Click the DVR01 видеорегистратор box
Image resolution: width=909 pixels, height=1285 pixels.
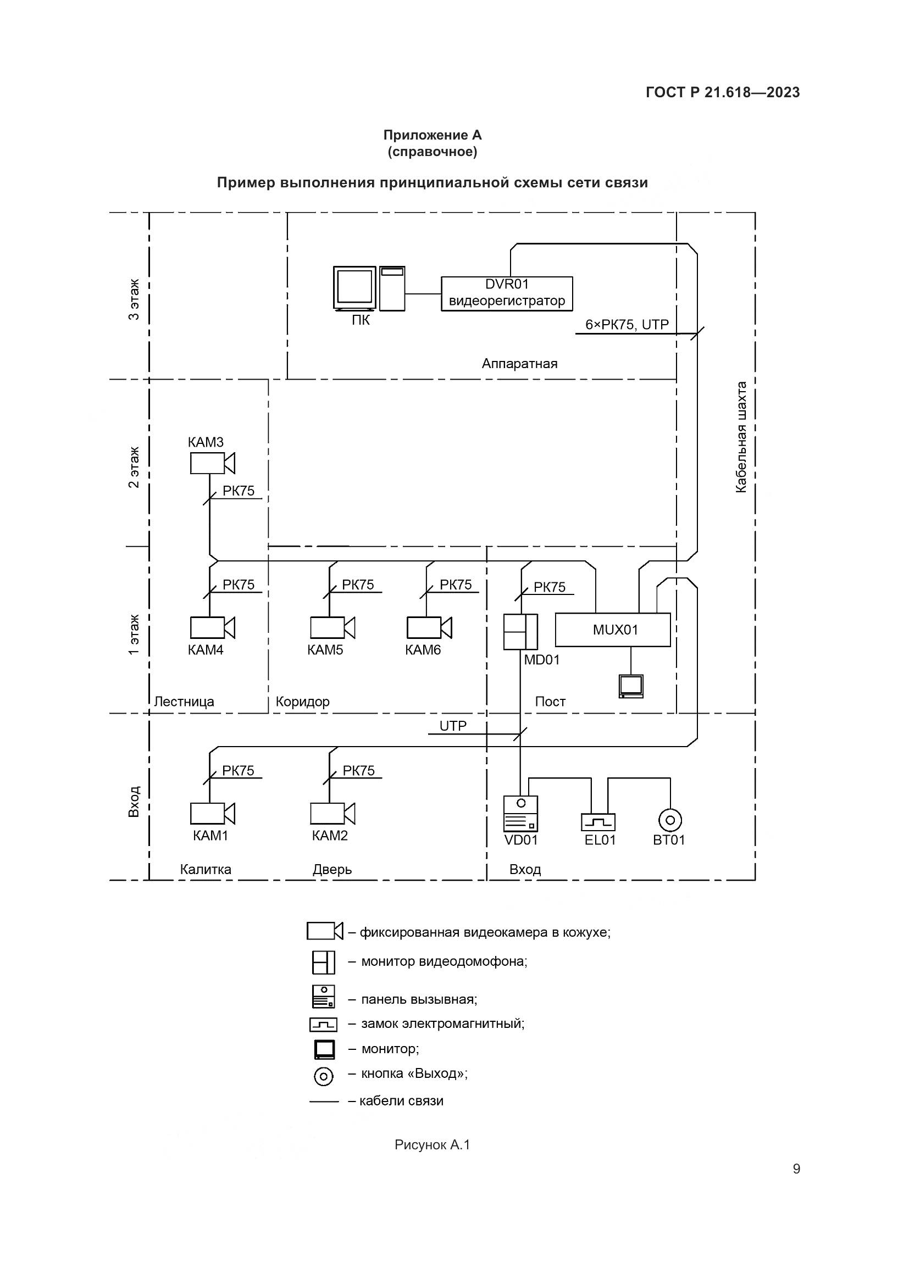click(507, 293)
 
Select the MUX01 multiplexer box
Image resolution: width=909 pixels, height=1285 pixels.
click(612, 630)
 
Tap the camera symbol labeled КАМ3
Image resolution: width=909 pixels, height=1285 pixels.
click(212, 463)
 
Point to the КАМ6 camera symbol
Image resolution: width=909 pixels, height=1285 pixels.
click(428, 627)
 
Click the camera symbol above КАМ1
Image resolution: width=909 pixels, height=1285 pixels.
click(212, 813)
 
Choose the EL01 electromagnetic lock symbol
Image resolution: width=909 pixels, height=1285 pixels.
click(598, 821)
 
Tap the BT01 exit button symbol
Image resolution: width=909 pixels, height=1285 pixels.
click(670, 821)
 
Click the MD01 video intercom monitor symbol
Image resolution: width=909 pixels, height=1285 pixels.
click(520, 632)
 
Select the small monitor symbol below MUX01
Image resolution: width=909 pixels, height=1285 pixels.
click(631, 686)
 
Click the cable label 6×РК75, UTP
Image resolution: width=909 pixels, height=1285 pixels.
click(627, 325)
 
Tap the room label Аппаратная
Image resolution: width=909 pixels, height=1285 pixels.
click(519, 364)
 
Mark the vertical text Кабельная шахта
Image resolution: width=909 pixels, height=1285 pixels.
click(740, 437)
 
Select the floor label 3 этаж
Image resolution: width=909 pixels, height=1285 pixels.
click(134, 299)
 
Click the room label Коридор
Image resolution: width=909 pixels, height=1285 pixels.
click(302, 702)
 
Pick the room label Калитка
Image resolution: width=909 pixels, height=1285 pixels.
click(206, 869)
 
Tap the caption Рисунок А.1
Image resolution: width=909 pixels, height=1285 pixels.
click(432, 1145)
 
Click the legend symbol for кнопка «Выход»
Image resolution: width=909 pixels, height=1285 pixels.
click(324, 1076)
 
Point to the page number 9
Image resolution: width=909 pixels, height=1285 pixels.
click(796, 1169)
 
